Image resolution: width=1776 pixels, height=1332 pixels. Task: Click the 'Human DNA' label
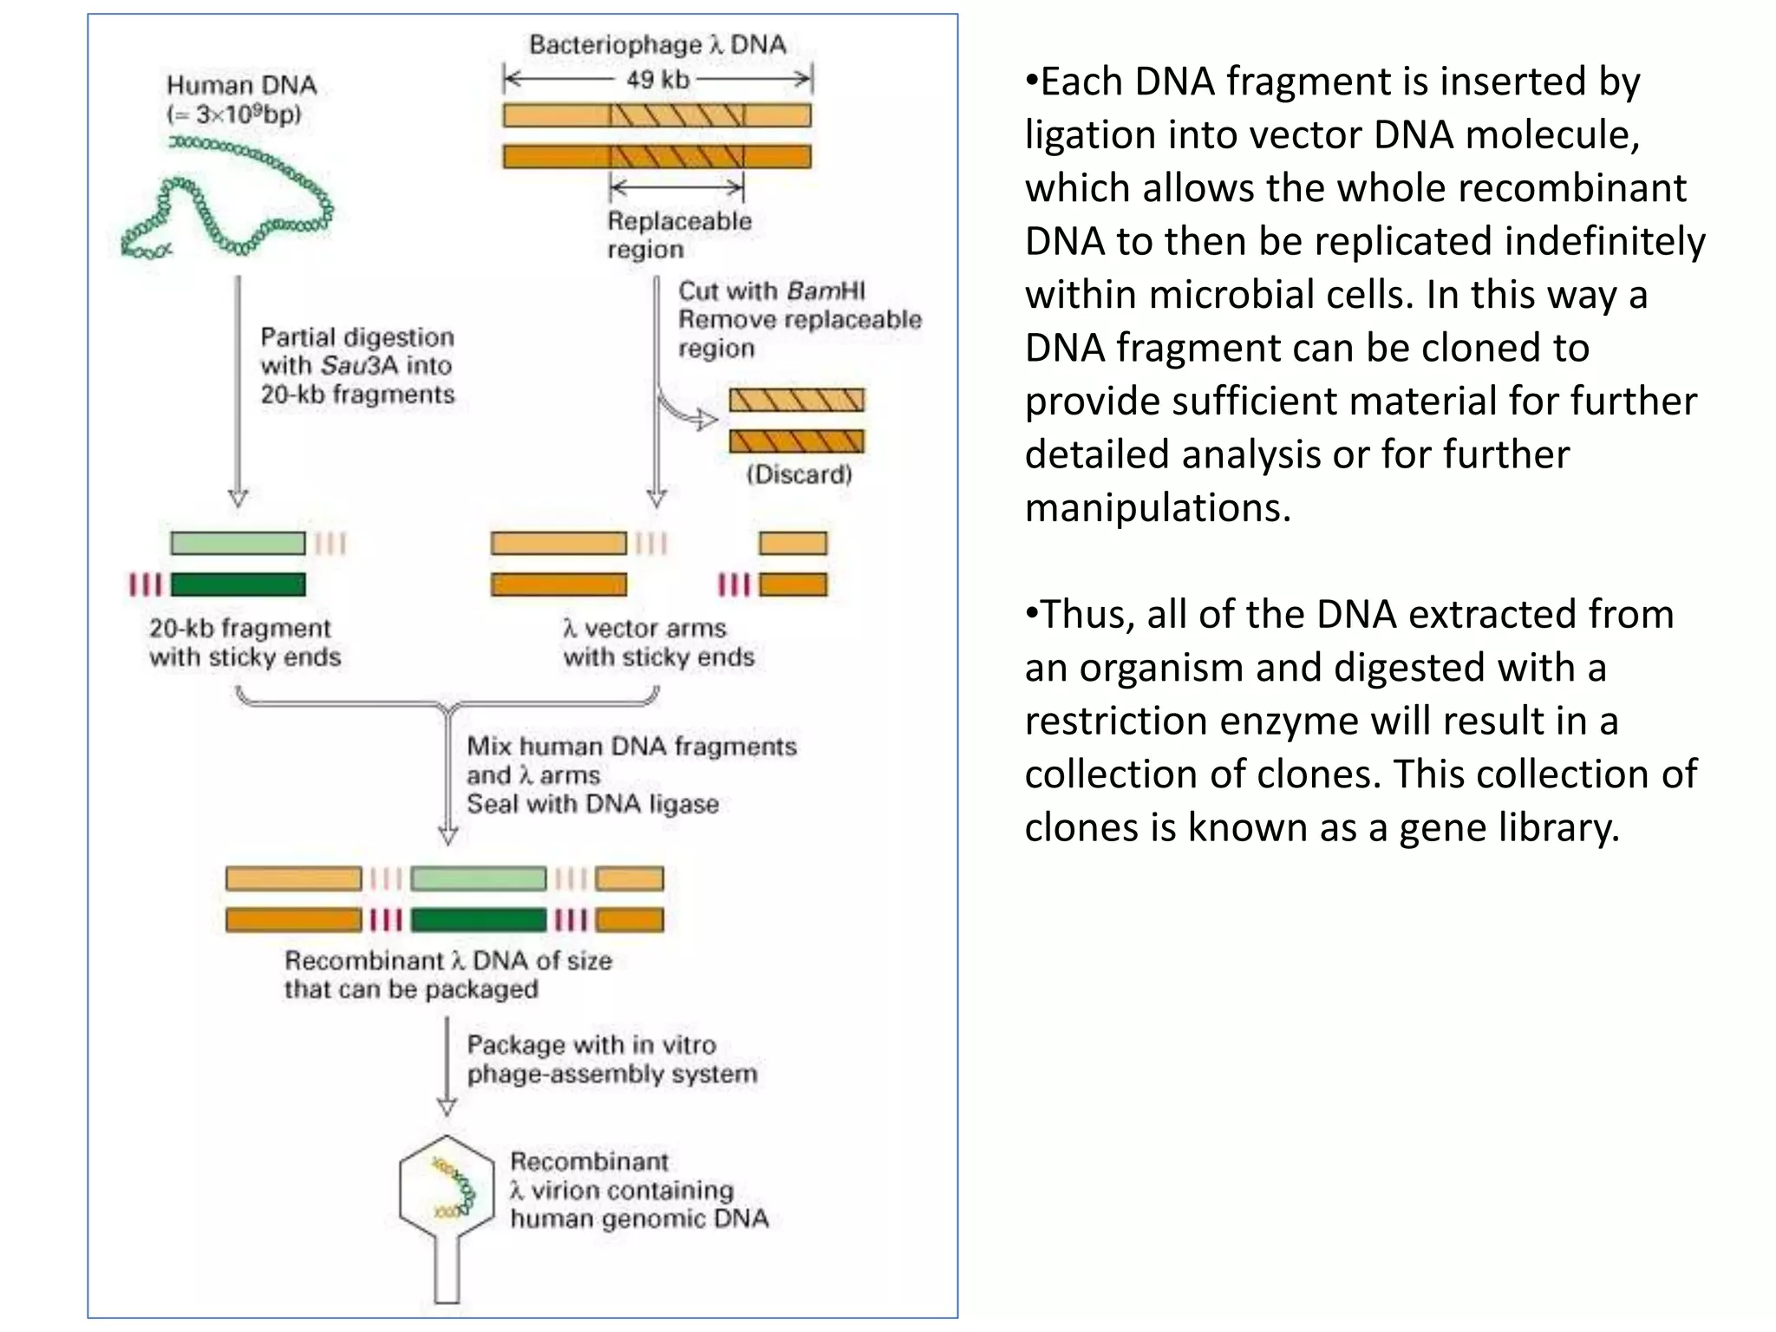[x=241, y=85]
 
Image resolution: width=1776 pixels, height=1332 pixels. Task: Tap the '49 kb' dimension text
[x=657, y=80]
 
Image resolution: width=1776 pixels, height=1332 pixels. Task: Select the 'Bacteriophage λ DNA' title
[x=657, y=45]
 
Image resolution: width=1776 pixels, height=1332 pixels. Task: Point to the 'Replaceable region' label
[x=678, y=235]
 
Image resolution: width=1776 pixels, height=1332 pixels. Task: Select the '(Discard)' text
[x=799, y=474]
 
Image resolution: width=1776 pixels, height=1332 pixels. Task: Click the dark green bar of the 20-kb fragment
[x=238, y=584]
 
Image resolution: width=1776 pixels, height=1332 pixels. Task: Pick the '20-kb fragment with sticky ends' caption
[x=245, y=643]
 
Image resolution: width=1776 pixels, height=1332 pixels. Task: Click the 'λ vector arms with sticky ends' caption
[x=658, y=643]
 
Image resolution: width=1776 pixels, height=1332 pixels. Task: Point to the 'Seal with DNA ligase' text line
[x=592, y=804]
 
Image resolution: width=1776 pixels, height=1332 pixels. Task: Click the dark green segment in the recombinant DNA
[x=478, y=920]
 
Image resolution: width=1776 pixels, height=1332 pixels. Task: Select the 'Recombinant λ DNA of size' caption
[x=447, y=961]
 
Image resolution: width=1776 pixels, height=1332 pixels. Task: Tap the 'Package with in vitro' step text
[x=591, y=1045]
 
